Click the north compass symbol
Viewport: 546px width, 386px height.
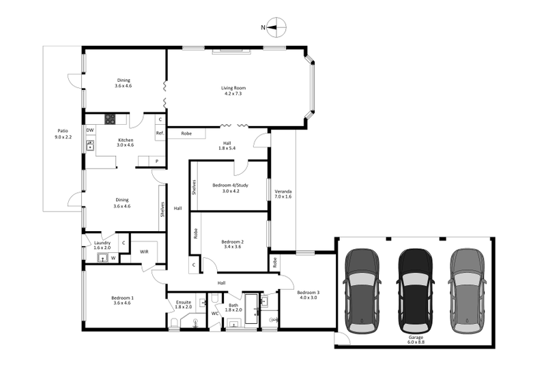pos(274,28)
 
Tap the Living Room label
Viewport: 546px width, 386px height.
pos(233,91)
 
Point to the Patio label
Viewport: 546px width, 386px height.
pos(62,133)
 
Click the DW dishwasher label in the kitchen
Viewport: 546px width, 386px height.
pos(89,130)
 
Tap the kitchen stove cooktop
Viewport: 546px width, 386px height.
pos(111,119)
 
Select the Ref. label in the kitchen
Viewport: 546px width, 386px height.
pos(160,133)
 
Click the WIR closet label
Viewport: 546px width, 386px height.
pos(144,252)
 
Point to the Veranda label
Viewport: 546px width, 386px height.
pos(283,194)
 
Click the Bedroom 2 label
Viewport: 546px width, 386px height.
pos(233,244)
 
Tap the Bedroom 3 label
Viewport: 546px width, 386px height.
pos(308,295)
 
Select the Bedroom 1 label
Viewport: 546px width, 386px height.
pos(123,300)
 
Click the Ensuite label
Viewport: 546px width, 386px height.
pos(184,304)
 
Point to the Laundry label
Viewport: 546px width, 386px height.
pos(102,245)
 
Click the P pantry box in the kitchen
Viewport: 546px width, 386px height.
pos(157,161)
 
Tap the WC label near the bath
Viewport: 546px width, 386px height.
pos(215,314)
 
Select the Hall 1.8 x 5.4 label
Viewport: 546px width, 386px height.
pos(226,145)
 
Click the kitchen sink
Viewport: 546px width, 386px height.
pos(89,145)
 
